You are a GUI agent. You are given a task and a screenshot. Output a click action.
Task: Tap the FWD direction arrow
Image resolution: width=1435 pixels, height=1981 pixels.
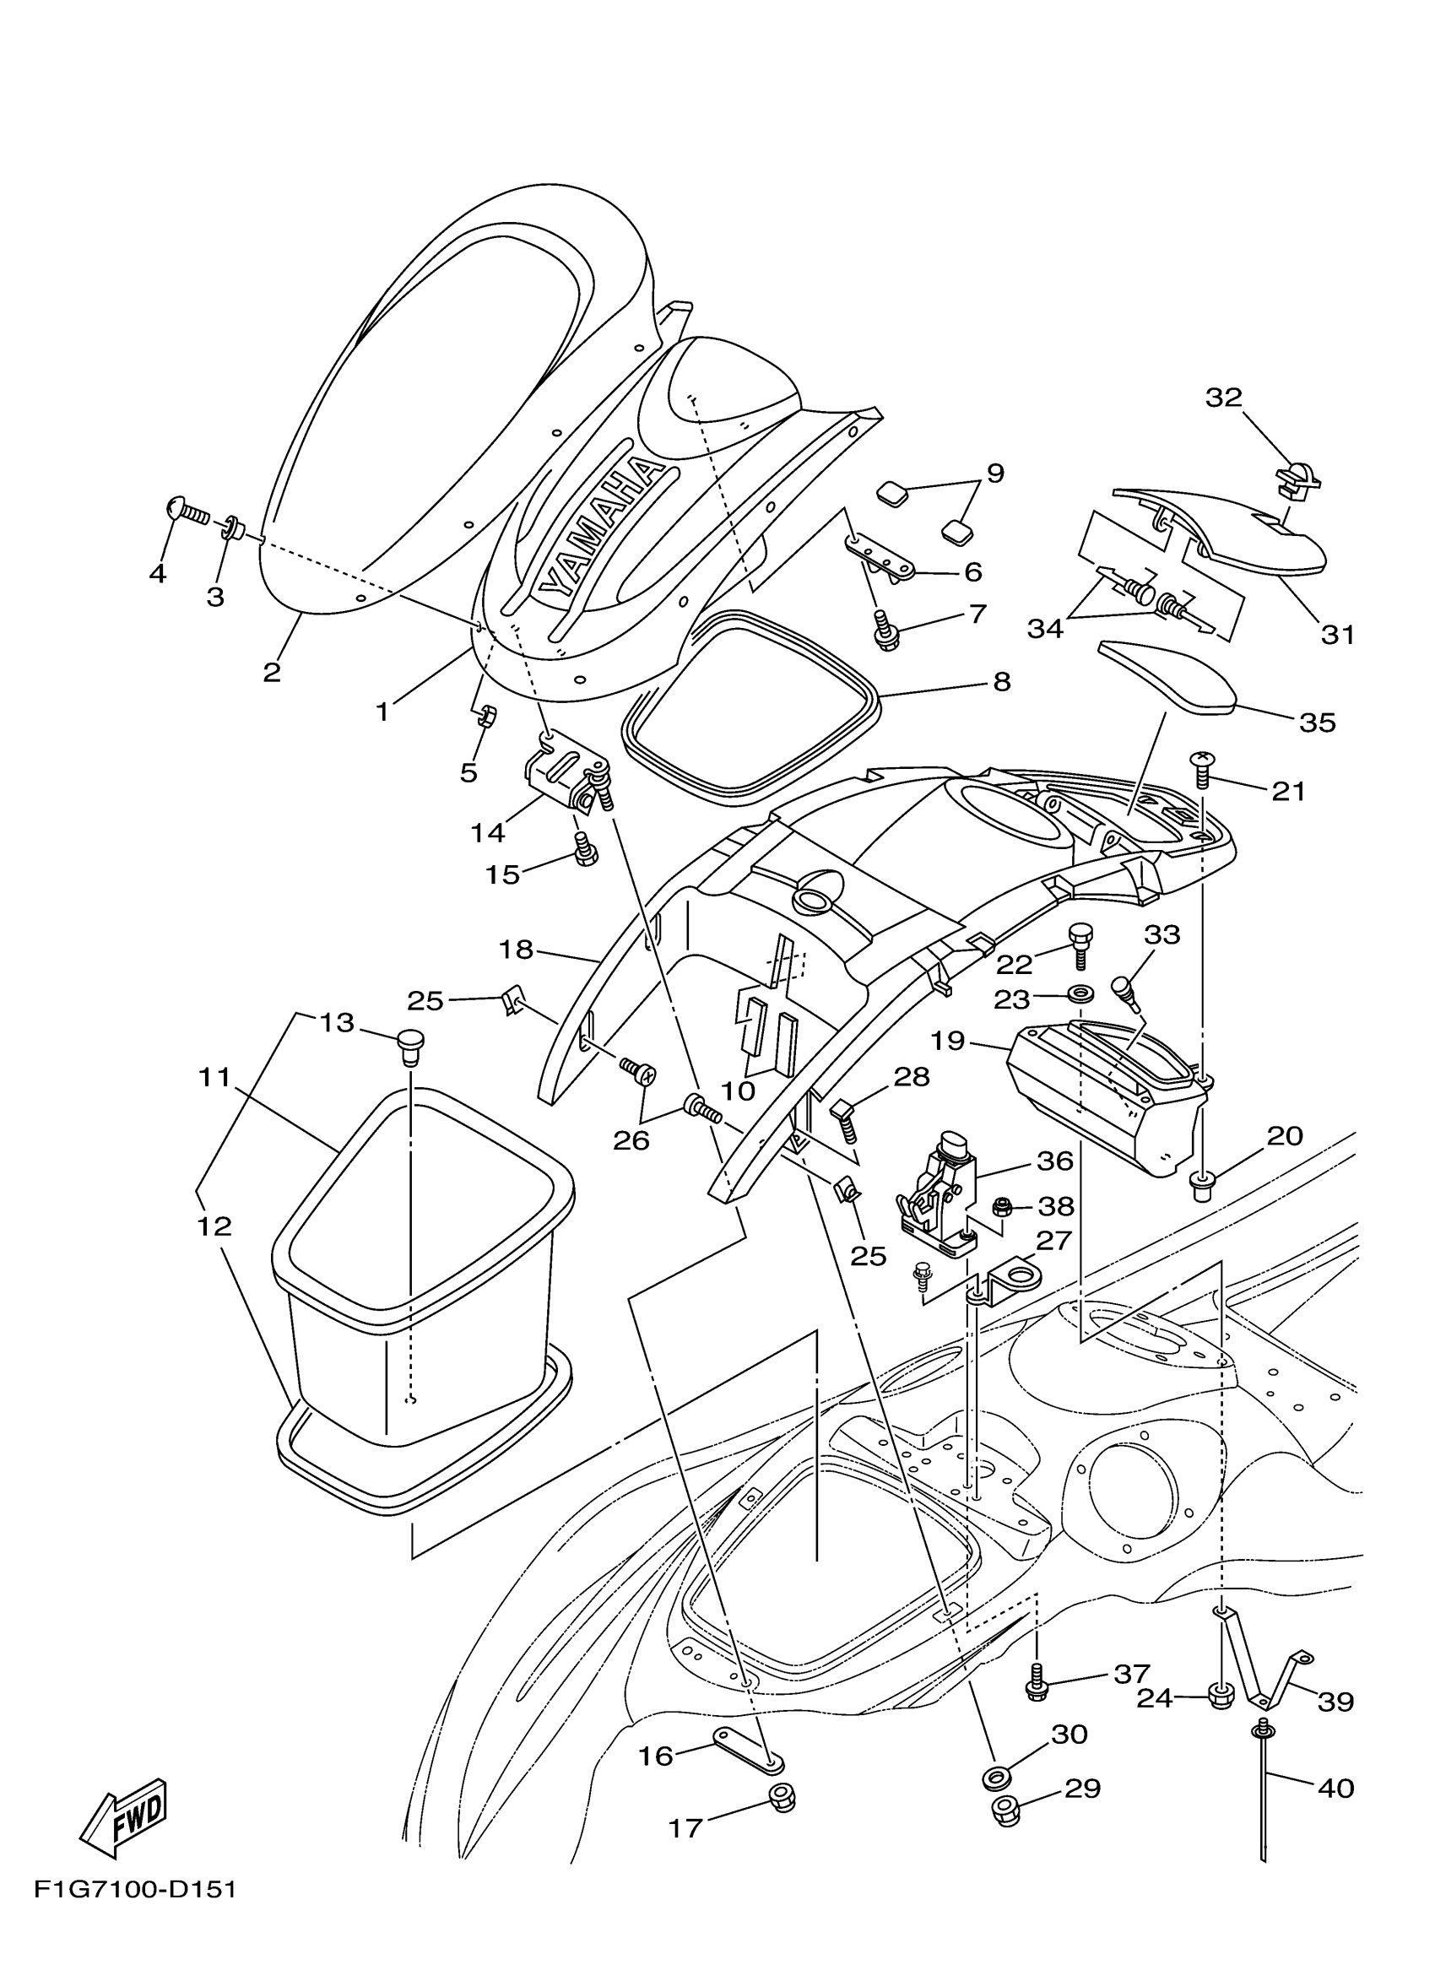click(124, 1813)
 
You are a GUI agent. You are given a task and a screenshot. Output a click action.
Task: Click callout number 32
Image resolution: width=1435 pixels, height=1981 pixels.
click(1223, 398)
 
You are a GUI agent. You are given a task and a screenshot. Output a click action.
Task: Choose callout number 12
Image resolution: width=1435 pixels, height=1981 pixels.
click(214, 1226)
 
